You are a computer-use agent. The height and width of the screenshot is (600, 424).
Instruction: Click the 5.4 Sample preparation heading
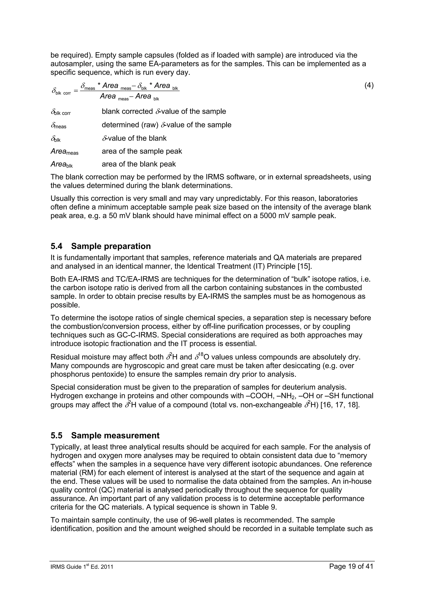101,246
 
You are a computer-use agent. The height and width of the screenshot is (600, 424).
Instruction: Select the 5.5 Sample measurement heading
105,436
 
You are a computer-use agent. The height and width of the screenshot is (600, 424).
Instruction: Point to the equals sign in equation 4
76,91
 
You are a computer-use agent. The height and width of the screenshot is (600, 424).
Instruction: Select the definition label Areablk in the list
62,164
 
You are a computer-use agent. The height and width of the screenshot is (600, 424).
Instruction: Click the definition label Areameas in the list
64,152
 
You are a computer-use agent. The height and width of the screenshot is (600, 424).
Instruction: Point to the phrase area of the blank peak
139,164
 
